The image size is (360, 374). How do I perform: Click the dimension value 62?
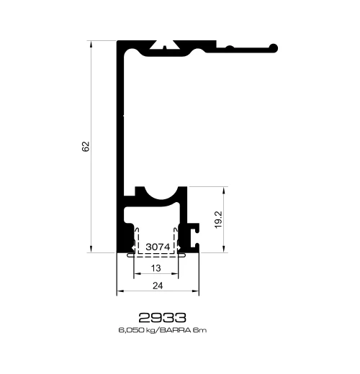tap(86, 147)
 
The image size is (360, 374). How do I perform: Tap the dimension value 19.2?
tap(219, 219)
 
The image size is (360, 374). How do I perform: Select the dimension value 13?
tap(156, 268)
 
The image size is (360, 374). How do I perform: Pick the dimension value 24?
tap(158, 286)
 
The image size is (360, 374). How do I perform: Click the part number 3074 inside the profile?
tap(158, 247)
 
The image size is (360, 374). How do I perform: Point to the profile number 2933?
tap(163, 317)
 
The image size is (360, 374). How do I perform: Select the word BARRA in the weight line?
tap(175, 330)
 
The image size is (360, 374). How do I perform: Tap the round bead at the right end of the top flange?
tap(274, 48)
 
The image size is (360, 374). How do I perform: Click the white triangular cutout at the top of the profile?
tap(164, 45)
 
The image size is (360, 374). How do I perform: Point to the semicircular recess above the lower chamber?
tap(161, 193)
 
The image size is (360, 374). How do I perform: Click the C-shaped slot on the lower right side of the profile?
tap(194, 236)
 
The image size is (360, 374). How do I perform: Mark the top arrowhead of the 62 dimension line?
tap(91, 44)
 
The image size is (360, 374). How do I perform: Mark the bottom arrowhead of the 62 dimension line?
tap(91, 249)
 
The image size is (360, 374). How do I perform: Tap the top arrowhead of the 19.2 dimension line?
tap(224, 190)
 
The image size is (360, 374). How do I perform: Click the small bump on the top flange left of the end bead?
tap(230, 47)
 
